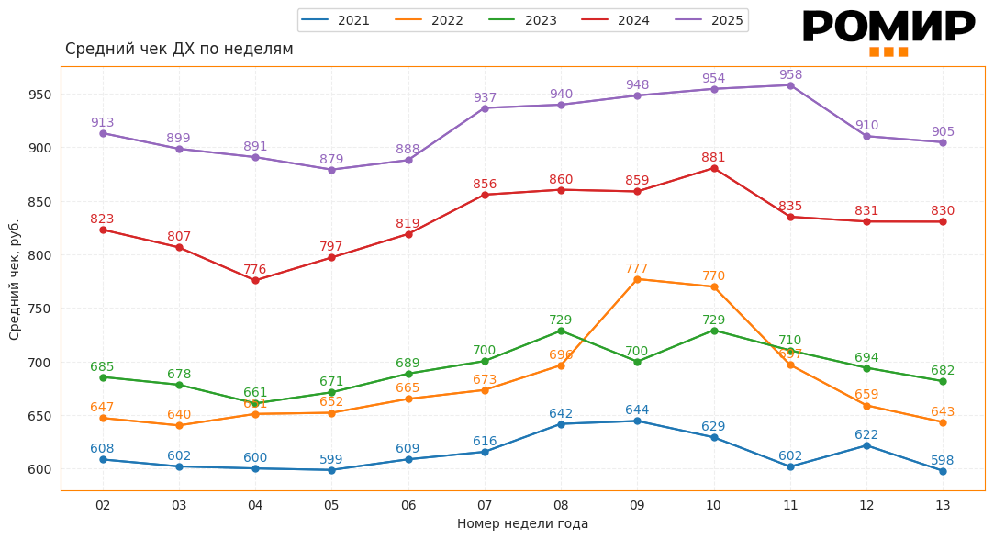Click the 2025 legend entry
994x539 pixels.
pos(709,20)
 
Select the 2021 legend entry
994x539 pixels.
pos(335,20)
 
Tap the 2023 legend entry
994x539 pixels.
pos(522,20)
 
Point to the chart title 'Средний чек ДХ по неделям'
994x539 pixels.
pos(179,49)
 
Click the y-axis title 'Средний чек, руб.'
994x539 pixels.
pos(15,279)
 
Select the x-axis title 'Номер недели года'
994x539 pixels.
pos(522,523)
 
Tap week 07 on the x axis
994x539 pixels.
pos(485,505)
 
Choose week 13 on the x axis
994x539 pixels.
pos(943,505)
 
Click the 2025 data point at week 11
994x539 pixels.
pos(790,85)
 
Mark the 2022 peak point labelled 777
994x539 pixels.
pos(637,279)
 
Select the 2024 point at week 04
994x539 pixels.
pos(255,280)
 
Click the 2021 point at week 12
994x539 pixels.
pos(866,445)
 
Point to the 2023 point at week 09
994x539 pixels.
pos(637,362)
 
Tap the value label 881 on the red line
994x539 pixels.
pos(713,158)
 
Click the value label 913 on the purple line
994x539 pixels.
pos(103,123)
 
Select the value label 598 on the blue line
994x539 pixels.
pos(943,461)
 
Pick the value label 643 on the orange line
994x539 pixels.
pos(943,412)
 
